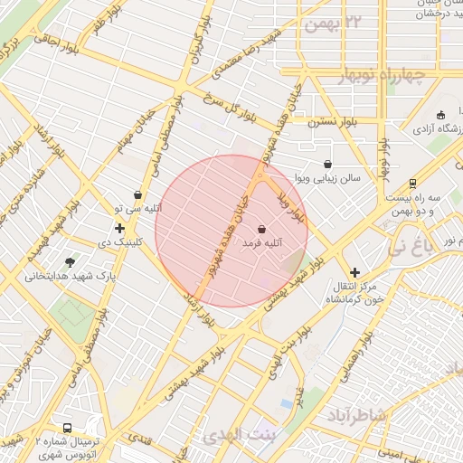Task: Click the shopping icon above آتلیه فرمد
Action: click(262, 228)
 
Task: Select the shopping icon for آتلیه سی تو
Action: click(137, 194)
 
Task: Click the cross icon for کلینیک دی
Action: click(119, 227)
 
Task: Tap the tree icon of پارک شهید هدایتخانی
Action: click(71, 260)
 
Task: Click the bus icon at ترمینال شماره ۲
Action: click(67, 428)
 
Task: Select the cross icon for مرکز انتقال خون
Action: click(354, 271)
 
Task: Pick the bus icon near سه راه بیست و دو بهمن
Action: click(412, 182)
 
